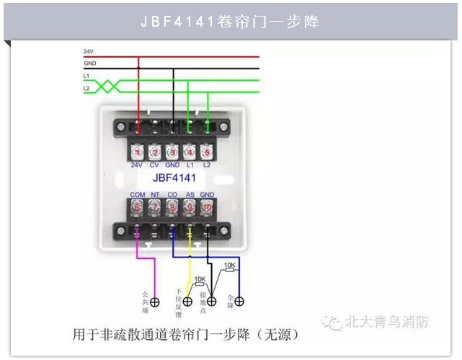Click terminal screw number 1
tap(138, 153)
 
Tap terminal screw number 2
tap(155, 153)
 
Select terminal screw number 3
tap(172, 153)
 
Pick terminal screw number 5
tap(207, 153)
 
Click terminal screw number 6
tap(138, 207)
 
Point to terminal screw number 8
tap(172, 207)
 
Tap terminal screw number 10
tap(207, 207)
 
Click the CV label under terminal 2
tap(154, 165)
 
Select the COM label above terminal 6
tap(138, 195)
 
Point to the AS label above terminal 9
tap(190, 195)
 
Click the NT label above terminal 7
tap(155, 195)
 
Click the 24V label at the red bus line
tap(89, 52)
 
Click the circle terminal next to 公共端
tap(154, 302)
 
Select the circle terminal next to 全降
tap(240, 301)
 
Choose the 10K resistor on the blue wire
tap(229, 266)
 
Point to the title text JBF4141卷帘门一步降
tap(231, 22)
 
